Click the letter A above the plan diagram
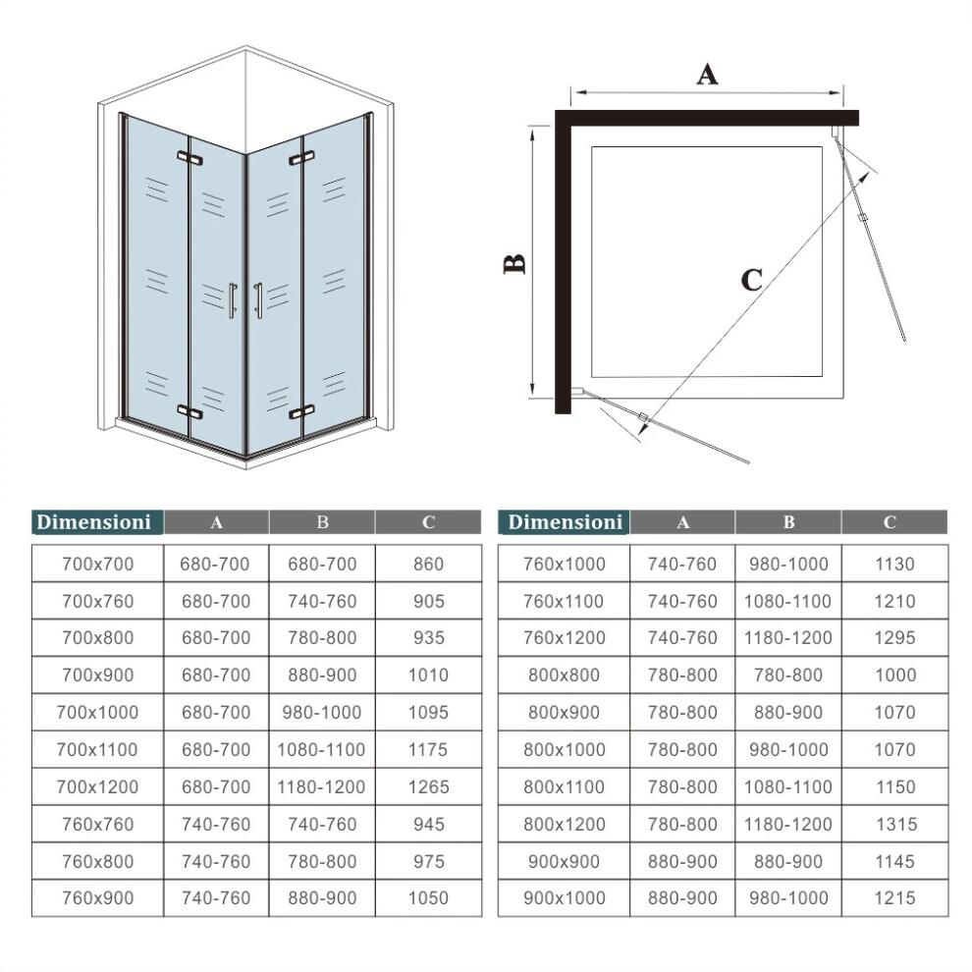tap(707, 74)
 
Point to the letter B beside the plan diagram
tap(514, 263)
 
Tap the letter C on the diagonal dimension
tap(751, 281)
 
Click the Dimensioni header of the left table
tap(94, 522)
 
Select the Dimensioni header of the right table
tap(566, 522)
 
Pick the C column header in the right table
tap(890, 522)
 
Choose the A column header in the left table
tap(216, 522)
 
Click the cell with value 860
tap(428, 565)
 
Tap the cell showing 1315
tap(894, 825)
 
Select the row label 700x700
tap(97, 565)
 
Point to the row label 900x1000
tap(565, 898)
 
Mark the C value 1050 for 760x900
tap(428, 898)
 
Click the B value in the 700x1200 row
tap(321, 786)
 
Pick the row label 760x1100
tap(565, 601)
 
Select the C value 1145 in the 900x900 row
tap(894, 861)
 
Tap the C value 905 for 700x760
tap(428, 601)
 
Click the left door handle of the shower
tap(233, 300)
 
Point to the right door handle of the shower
tap(257, 300)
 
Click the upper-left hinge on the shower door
tap(189, 157)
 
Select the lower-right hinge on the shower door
tap(300, 411)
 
